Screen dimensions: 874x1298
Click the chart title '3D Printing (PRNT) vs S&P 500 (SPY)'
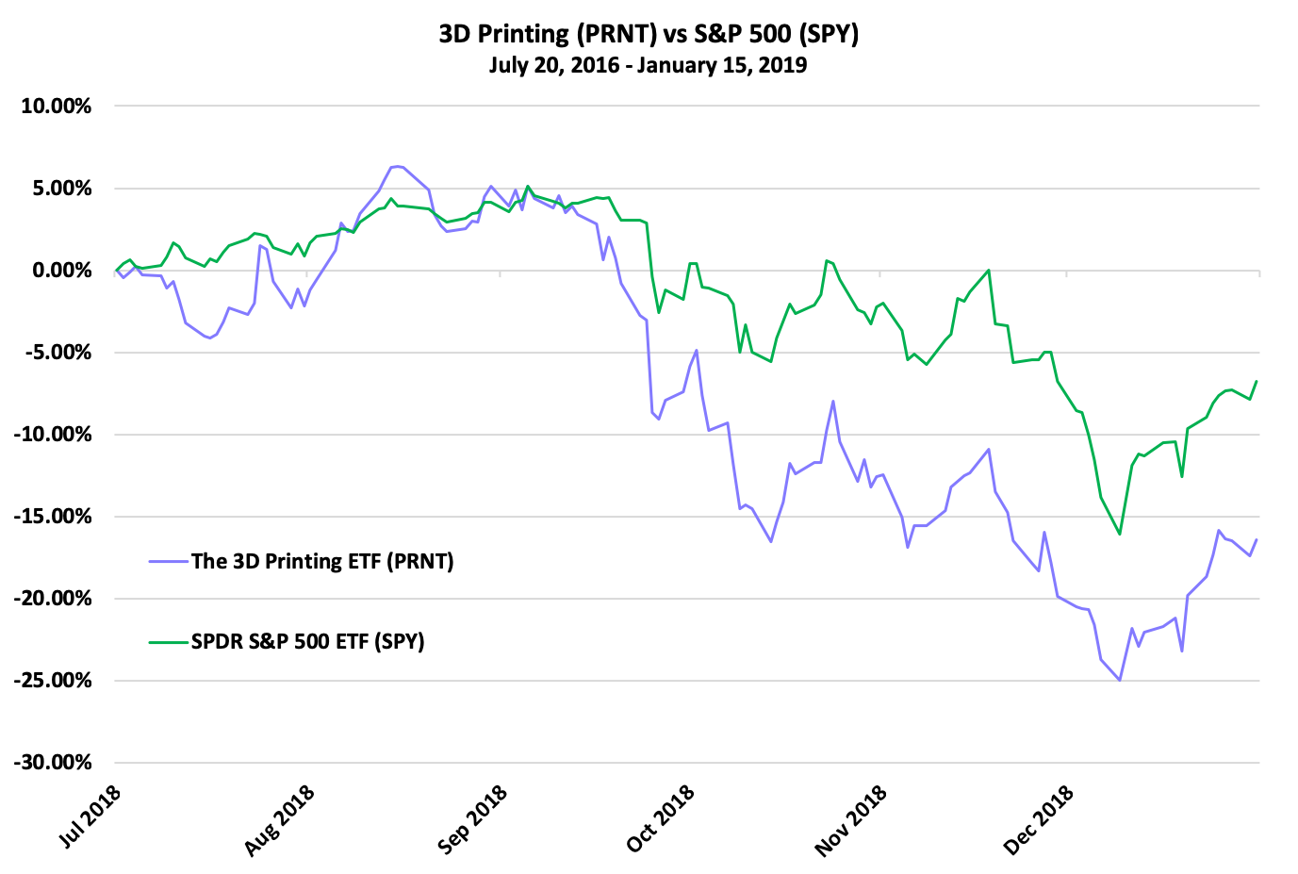pos(649,34)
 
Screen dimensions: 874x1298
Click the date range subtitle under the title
pos(649,65)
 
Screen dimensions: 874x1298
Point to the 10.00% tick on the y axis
pos(57,107)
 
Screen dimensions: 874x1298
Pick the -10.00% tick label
pos(54,435)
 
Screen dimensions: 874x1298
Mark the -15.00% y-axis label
pos(54,517)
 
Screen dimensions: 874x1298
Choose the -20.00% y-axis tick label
pos(54,599)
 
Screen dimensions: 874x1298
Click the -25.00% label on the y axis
pos(54,681)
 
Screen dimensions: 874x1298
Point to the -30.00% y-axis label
pos(54,763)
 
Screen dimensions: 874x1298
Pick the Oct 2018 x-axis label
pos(661,817)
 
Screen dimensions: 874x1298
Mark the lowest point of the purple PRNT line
pos(1120,680)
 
